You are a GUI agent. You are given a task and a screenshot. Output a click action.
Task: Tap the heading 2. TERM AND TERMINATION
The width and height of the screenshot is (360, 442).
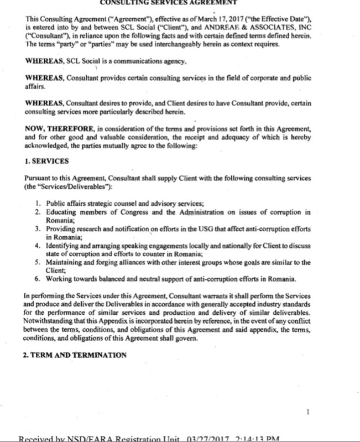(75, 355)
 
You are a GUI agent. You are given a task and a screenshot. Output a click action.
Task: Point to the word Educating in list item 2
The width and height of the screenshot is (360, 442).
(62, 212)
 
